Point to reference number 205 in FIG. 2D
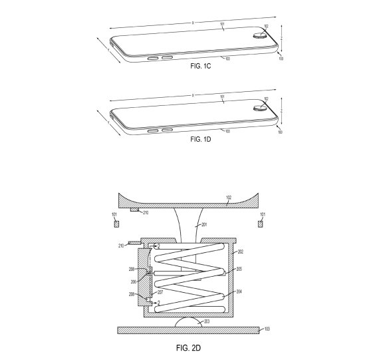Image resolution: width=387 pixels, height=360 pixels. [239, 270]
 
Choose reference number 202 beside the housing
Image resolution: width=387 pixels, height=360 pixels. [239, 252]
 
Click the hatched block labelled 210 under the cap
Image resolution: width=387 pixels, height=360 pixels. [135, 210]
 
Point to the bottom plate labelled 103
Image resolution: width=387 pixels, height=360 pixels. [186, 329]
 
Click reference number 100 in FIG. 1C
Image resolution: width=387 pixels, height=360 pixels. [280, 59]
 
